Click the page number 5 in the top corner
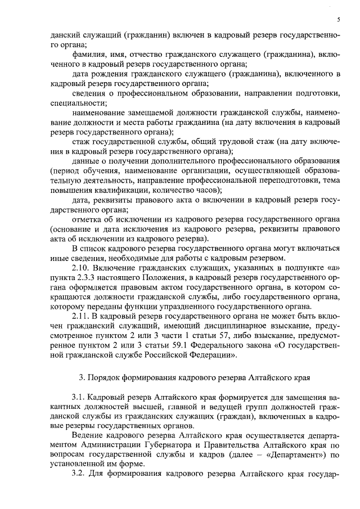coord(339,20)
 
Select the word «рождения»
coord(109,74)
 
